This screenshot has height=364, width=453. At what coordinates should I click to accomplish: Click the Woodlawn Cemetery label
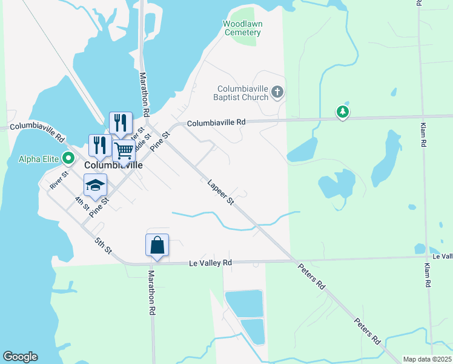point(242,28)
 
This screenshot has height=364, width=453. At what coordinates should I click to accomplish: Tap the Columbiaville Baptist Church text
point(240,93)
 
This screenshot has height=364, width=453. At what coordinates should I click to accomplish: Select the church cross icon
point(277,93)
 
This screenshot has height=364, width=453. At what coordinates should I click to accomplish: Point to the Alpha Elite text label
point(38,160)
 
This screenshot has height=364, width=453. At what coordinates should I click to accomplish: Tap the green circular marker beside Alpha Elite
point(68,160)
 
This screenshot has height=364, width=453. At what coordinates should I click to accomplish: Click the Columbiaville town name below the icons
point(113,165)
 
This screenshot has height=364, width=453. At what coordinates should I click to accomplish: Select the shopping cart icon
point(124,150)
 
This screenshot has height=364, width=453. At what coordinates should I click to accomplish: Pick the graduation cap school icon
point(95,184)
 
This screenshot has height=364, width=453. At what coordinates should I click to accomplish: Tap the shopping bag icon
point(157,245)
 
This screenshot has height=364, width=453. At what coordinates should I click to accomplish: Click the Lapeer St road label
point(220,192)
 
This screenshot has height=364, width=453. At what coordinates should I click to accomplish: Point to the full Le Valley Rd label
point(211,263)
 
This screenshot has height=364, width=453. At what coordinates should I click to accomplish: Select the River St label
point(59,181)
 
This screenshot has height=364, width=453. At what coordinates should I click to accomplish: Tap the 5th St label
point(104,245)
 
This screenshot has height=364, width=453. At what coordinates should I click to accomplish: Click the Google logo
point(20,357)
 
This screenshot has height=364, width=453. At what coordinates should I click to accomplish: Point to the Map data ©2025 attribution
point(427,359)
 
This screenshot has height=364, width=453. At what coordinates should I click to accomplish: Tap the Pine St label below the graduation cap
point(99,207)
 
